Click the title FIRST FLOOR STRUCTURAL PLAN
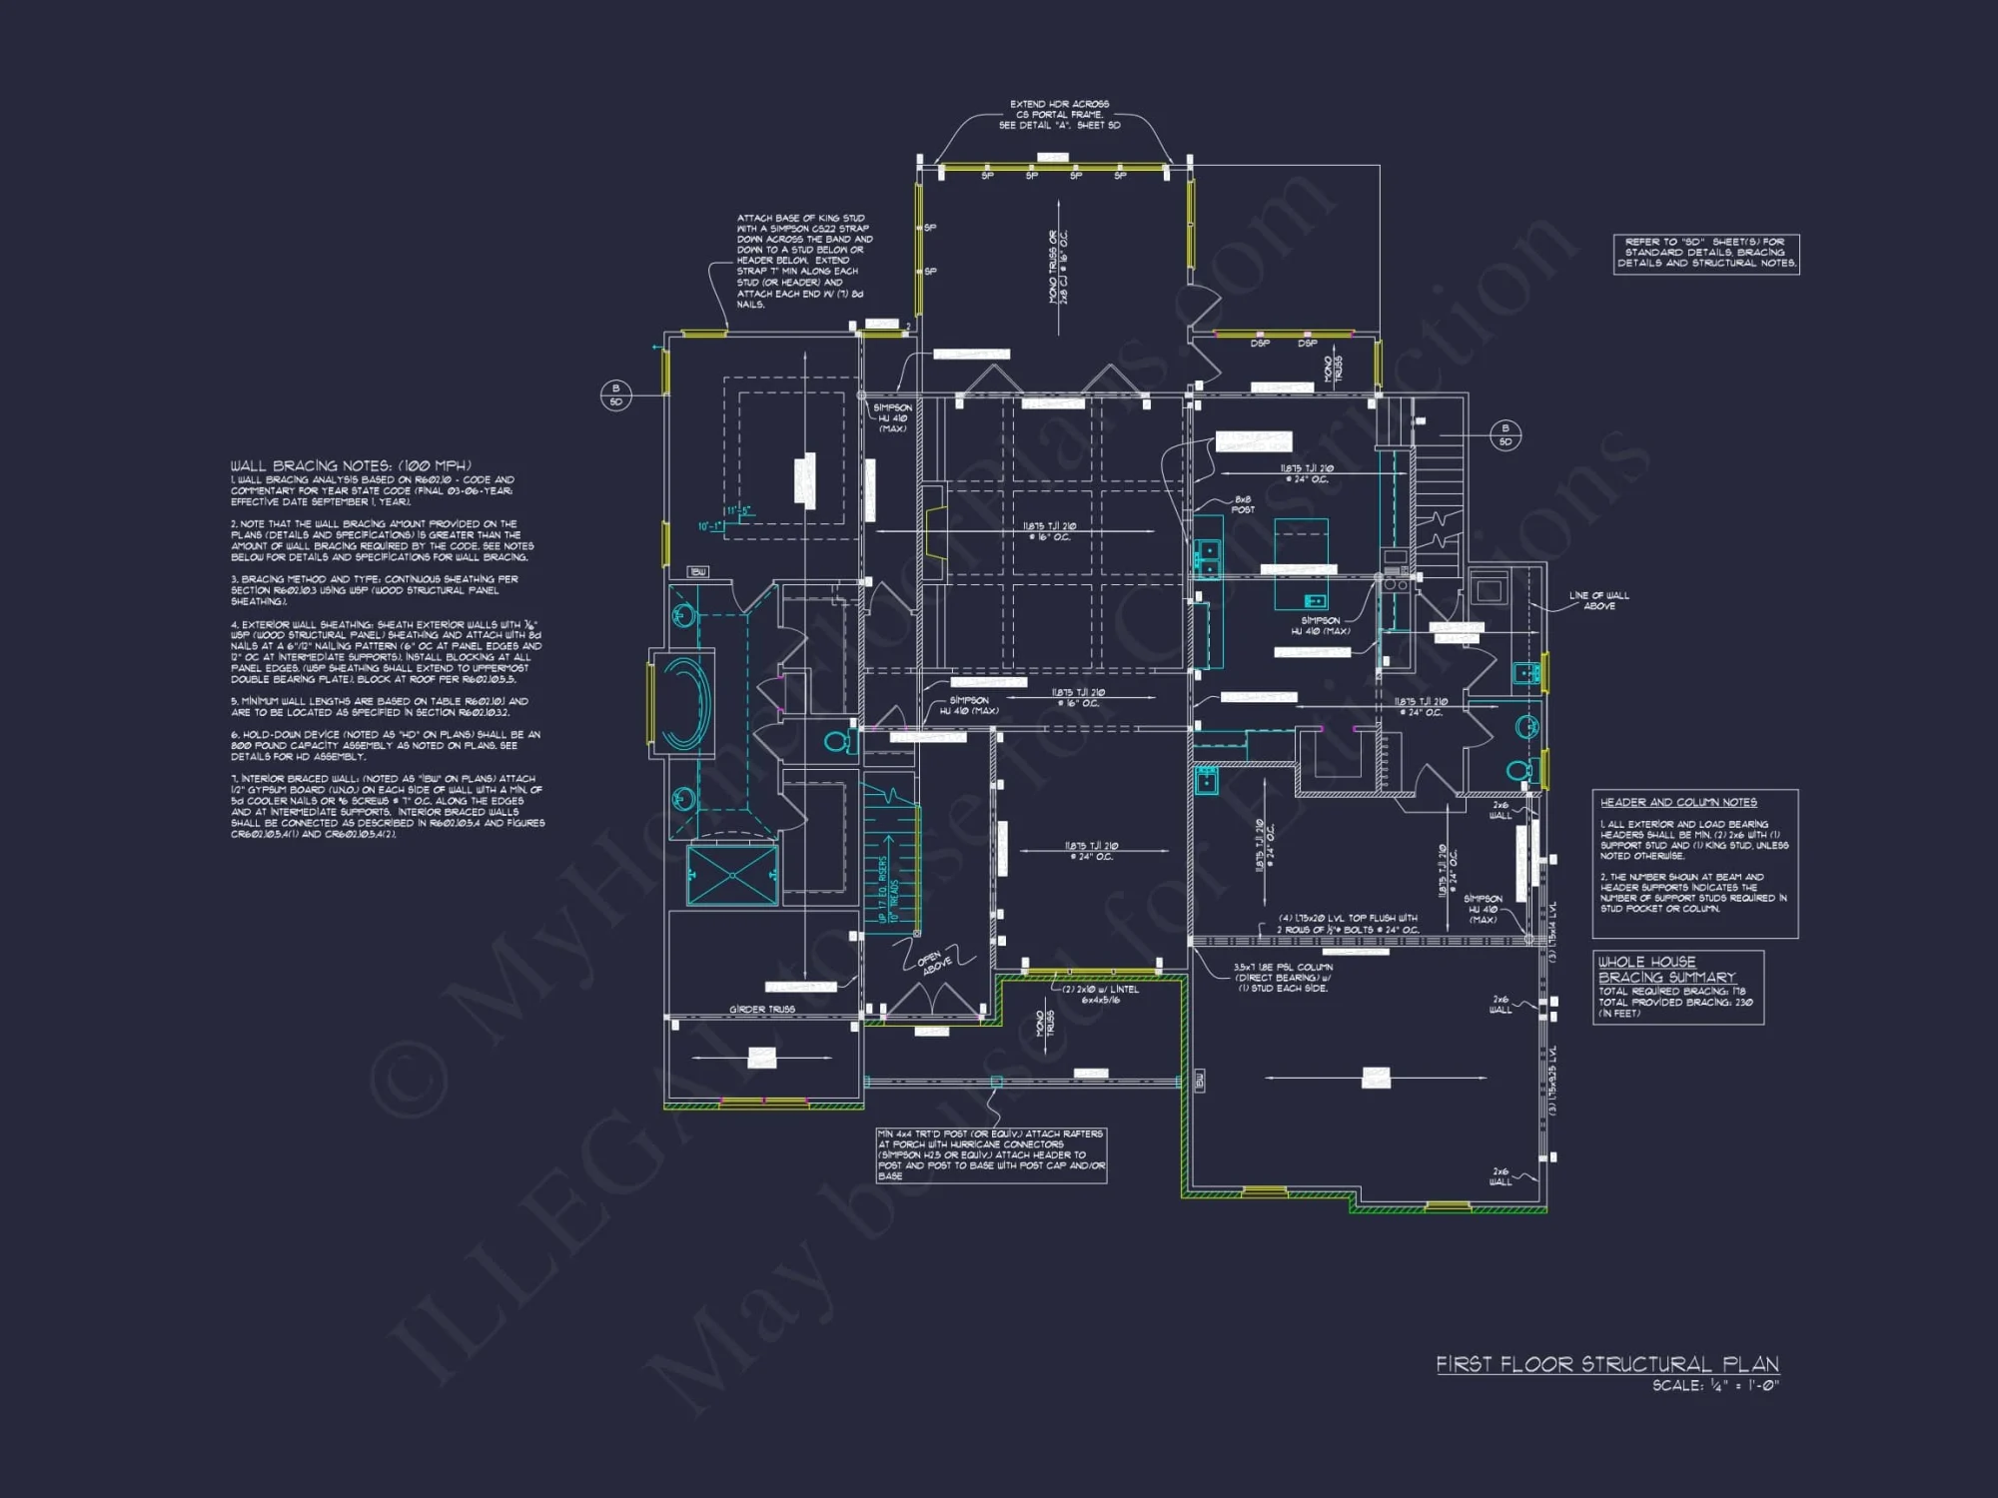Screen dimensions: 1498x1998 (x=1606, y=1364)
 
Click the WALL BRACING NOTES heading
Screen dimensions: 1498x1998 (x=351, y=465)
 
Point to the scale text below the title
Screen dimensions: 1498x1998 (x=1715, y=1385)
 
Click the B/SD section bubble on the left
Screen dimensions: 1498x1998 (x=615, y=394)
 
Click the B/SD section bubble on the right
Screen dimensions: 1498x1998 (x=1504, y=434)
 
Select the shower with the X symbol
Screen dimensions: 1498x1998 (x=732, y=876)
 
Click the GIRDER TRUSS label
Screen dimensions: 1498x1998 (x=761, y=1010)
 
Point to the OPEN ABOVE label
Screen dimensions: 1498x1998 (x=934, y=963)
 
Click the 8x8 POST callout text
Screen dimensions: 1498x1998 (x=1243, y=504)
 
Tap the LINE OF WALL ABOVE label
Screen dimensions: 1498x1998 (x=1598, y=600)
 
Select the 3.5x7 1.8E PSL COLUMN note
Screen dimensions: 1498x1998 (x=1283, y=978)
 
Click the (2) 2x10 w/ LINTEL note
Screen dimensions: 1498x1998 (x=1099, y=994)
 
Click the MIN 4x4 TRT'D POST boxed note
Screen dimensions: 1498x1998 (x=990, y=1154)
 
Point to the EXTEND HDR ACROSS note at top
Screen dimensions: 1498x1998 (x=1059, y=114)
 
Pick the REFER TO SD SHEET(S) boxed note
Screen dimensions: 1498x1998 (x=1706, y=253)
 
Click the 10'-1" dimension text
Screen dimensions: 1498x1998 (x=709, y=526)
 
